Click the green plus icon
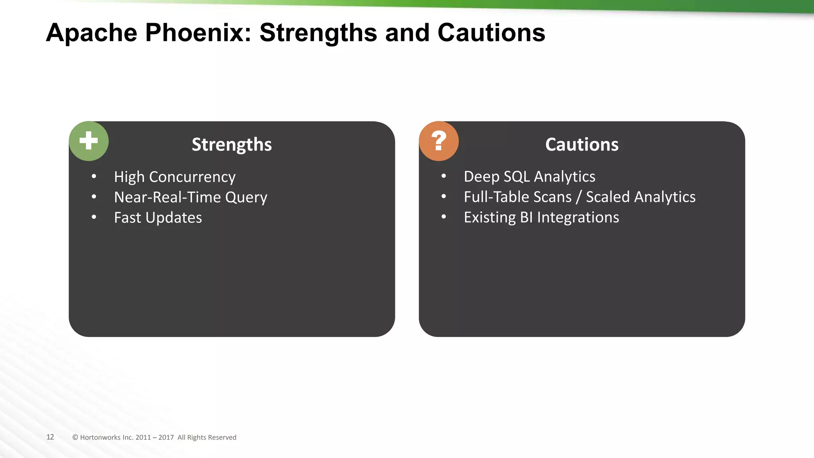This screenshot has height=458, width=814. click(89, 141)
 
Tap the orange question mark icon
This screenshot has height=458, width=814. click(439, 141)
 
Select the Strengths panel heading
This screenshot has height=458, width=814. click(232, 144)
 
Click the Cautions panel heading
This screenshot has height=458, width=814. click(582, 144)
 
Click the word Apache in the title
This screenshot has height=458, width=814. click(91, 33)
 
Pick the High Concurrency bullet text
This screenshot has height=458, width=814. click(174, 177)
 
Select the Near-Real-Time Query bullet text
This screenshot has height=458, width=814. click(190, 197)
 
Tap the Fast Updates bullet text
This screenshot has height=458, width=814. click(158, 218)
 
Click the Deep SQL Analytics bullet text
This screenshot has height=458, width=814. click(529, 177)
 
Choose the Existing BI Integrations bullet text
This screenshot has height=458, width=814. click(541, 217)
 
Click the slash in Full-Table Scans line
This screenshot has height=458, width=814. click(579, 197)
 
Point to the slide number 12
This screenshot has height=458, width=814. click(50, 437)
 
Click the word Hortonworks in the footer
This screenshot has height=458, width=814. click(100, 437)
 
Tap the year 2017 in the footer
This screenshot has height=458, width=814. click(166, 437)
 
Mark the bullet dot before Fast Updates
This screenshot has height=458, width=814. click(94, 217)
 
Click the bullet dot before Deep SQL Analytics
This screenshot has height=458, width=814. click(444, 176)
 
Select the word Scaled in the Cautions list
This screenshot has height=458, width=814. click(608, 197)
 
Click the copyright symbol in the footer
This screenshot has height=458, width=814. click(75, 437)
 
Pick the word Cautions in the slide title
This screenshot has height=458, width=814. click(491, 33)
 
